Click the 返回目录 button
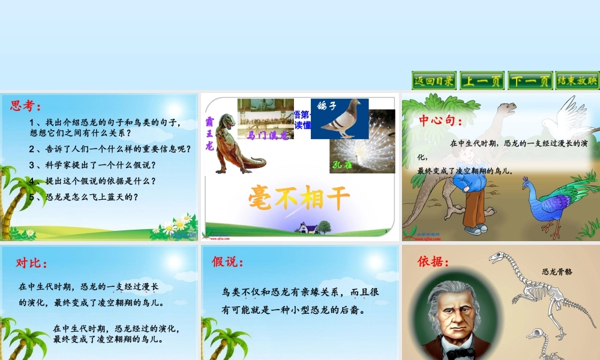(434, 80)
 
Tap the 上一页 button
(482, 80)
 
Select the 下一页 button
(530, 80)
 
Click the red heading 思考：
(26, 106)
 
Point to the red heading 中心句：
(441, 121)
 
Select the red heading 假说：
(228, 261)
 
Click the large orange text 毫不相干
(300, 197)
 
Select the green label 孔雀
(343, 164)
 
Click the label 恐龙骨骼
(557, 271)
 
